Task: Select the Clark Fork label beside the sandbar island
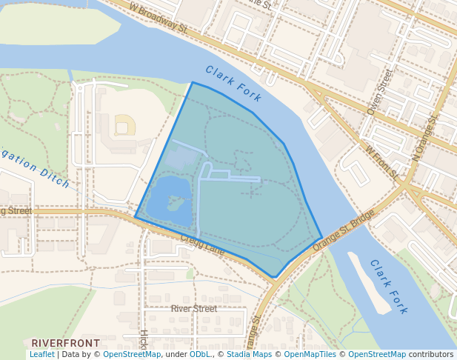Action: [389, 287]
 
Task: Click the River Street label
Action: [194, 308]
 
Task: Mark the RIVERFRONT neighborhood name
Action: [65, 343]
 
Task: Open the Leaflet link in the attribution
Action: [41, 355]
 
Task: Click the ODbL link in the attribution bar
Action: [200, 355]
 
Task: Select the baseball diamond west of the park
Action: [124, 125]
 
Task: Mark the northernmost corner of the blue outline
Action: [193, 82]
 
